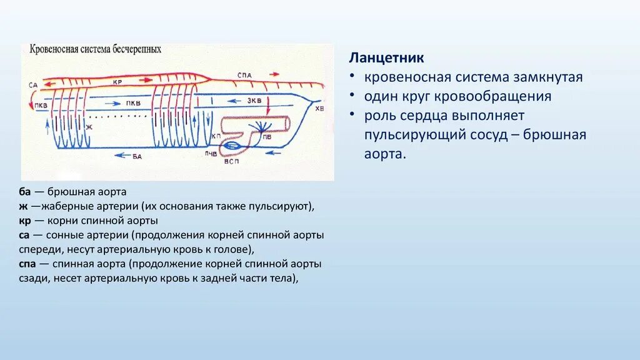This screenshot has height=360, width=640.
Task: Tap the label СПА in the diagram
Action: (245, 76)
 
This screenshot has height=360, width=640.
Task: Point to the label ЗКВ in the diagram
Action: (254, 101)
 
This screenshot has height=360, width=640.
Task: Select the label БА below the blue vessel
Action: (137, 157)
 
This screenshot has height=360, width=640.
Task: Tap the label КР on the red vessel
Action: (117, 82)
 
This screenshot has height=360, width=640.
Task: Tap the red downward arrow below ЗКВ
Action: (267, 110)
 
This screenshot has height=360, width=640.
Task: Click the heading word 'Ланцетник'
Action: (386, 57)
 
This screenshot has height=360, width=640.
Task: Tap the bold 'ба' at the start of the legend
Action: (26, 192)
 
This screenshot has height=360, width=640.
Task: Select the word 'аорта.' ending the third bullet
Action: (385, 154)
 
